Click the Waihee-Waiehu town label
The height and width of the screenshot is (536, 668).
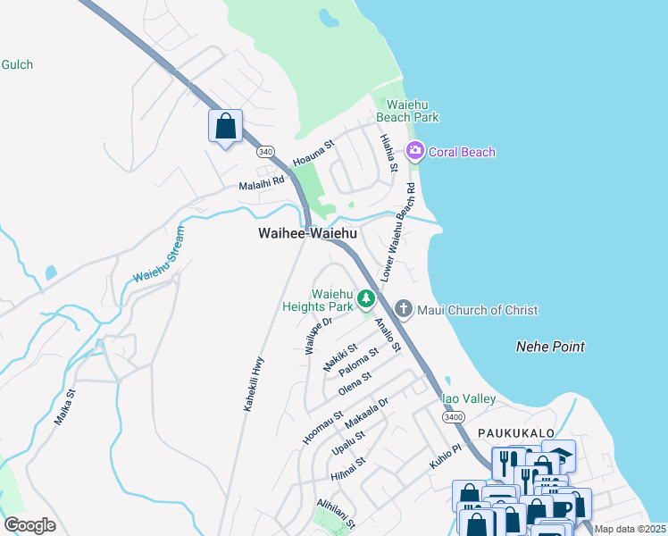tap(307, 233)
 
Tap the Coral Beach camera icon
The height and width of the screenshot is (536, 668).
tap(414, 152)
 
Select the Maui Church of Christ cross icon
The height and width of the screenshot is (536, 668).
tap(404, 310)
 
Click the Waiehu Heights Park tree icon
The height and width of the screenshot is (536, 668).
tap(365, 299)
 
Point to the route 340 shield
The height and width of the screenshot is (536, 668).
tap(265, 153)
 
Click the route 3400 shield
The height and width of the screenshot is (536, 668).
tap(454, 417)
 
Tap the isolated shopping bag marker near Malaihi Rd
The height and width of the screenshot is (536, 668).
tap(225, 126)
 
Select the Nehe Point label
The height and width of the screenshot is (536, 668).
tap(550, 347)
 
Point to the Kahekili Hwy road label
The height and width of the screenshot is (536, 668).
tap(254, 381)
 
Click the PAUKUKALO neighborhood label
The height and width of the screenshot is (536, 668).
tap(511, 432)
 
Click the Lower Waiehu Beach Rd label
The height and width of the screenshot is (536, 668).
tap(398, 233)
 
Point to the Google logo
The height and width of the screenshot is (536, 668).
tap(29, 525)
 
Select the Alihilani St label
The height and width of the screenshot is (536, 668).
tap(336, 514)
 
